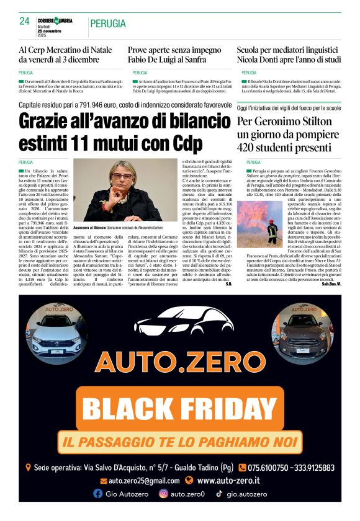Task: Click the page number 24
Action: point(25,21)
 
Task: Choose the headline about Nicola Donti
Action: point(289,55)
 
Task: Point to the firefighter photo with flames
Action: point(259,224)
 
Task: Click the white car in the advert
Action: point(56,332)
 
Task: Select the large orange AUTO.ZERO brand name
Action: point(179,363)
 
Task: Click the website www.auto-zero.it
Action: point(228,481)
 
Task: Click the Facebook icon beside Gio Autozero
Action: point(97,494)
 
